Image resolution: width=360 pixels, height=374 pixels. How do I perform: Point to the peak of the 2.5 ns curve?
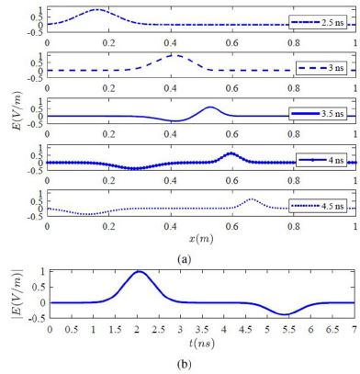tap(99, 10)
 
